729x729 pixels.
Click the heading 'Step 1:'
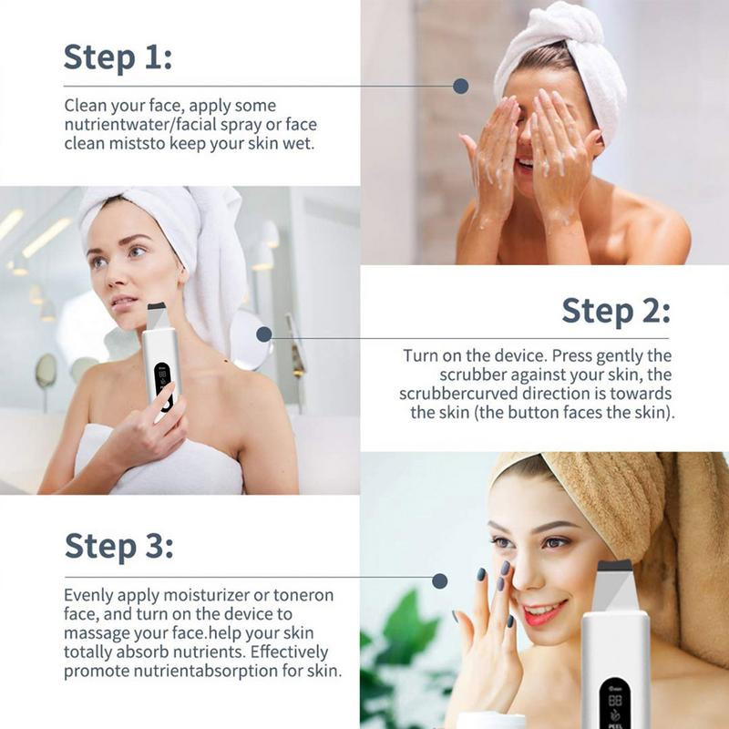click(x=118, y=57)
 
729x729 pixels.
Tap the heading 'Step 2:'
click(x=616, y=311)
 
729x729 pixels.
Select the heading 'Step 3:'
click(x=119, y=545)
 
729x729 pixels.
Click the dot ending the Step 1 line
click(x=460, y=86)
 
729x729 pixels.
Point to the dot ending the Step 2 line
click(x=263, y=334)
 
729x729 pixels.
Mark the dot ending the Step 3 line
click(x=439, y=580)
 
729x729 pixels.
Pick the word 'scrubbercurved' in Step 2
click(x=458, y=394)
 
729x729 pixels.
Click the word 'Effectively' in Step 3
click(x=289, y=652)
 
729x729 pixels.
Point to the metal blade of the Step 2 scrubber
click(x=155, y=317)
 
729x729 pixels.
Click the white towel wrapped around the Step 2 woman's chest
click(x=163, y=463)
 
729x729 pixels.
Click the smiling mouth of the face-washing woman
click(x=525, y=164)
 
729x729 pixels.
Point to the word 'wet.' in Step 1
click(x=299, y=144)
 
